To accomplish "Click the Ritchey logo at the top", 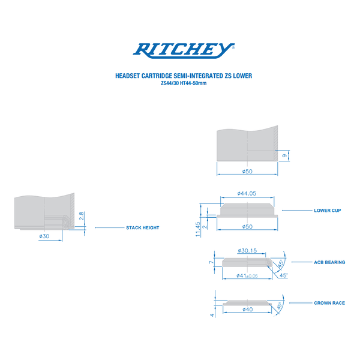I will pos(184,50).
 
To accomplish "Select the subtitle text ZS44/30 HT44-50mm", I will pos(184,83).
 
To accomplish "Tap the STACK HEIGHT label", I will pos(142,228).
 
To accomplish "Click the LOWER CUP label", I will pos(328,211).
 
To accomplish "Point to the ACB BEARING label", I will pos(329,262).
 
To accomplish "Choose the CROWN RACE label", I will pos(329,303).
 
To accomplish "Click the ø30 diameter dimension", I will pos(44,236).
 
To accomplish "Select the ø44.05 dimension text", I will pos(247,193).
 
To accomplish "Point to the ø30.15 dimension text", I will pos(247,250).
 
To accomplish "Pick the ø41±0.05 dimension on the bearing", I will pos(246,276).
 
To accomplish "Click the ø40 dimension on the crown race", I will pos(247,310).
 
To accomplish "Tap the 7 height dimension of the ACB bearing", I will pos(212,262).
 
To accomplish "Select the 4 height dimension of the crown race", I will pos(212,314).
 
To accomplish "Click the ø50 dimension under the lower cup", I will pos(247,226).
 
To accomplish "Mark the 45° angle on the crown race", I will pos(279,306).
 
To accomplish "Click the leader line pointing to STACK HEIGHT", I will pos(108,228).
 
